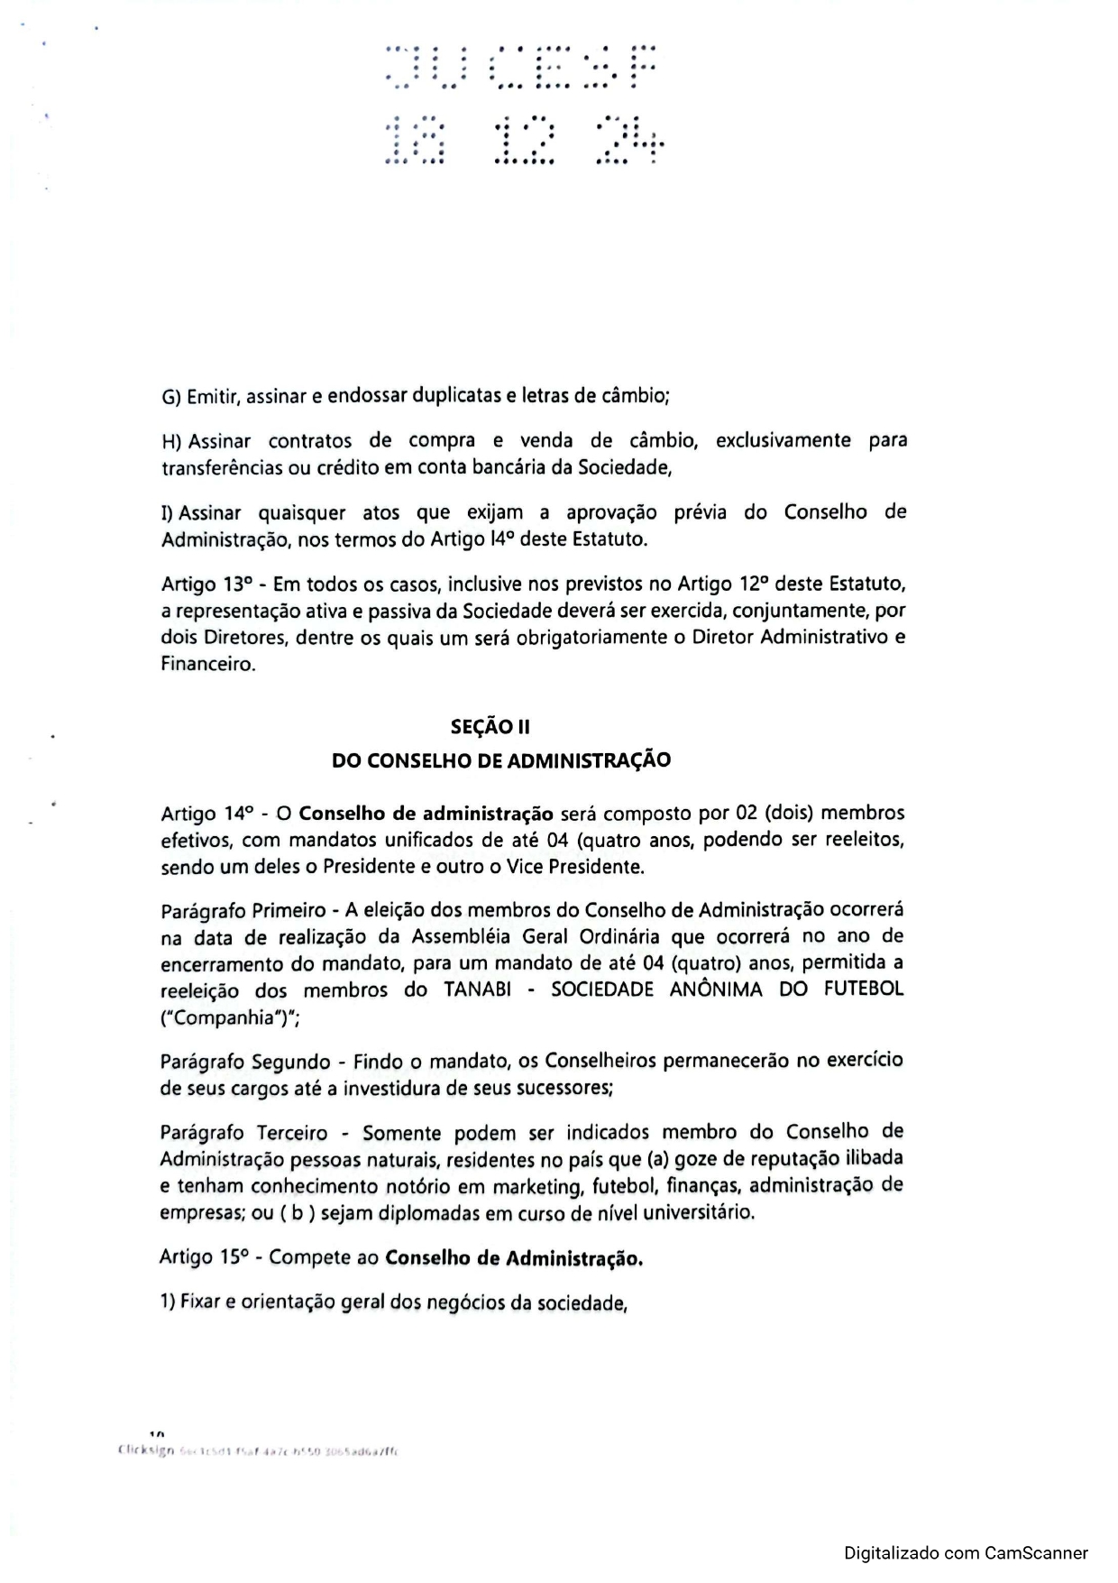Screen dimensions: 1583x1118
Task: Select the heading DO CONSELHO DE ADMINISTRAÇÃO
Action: tap(501, 760)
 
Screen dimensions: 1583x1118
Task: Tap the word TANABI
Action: tap(478, 989)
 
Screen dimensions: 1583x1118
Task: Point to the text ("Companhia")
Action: tap(217, 1017)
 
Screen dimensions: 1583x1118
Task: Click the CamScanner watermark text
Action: tap(966, 1553)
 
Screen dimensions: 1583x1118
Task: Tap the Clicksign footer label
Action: tap(144, 1451)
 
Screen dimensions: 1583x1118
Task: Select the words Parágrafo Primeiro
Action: tap(236, 909)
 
